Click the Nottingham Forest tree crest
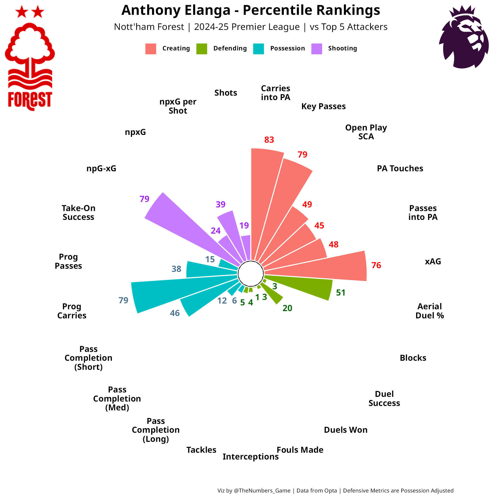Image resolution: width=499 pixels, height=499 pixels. [x=30, y=58]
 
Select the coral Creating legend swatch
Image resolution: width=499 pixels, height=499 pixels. [x=151, y=49]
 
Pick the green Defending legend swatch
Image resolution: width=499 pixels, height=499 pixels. [x=202, y=49]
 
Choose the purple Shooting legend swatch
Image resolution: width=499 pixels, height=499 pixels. [x=317, y=49]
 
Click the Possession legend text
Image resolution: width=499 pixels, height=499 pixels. [x=287, y=48]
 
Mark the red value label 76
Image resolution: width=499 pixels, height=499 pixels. [x=376, y=265]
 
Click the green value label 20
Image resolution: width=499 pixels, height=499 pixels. [x=287, y=308]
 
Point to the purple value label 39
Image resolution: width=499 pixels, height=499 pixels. [x=220, y=205]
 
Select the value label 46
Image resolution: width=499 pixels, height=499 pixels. [x=175, y=313]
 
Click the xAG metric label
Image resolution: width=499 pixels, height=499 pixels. [x=433, y=261]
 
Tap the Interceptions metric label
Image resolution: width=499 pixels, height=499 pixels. [x=251, y=457]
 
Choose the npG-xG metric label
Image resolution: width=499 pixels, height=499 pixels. [x=101, y=168]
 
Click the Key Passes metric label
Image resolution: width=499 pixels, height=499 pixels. [x=324, y=106]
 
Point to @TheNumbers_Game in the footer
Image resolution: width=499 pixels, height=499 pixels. [x=262, y=491]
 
